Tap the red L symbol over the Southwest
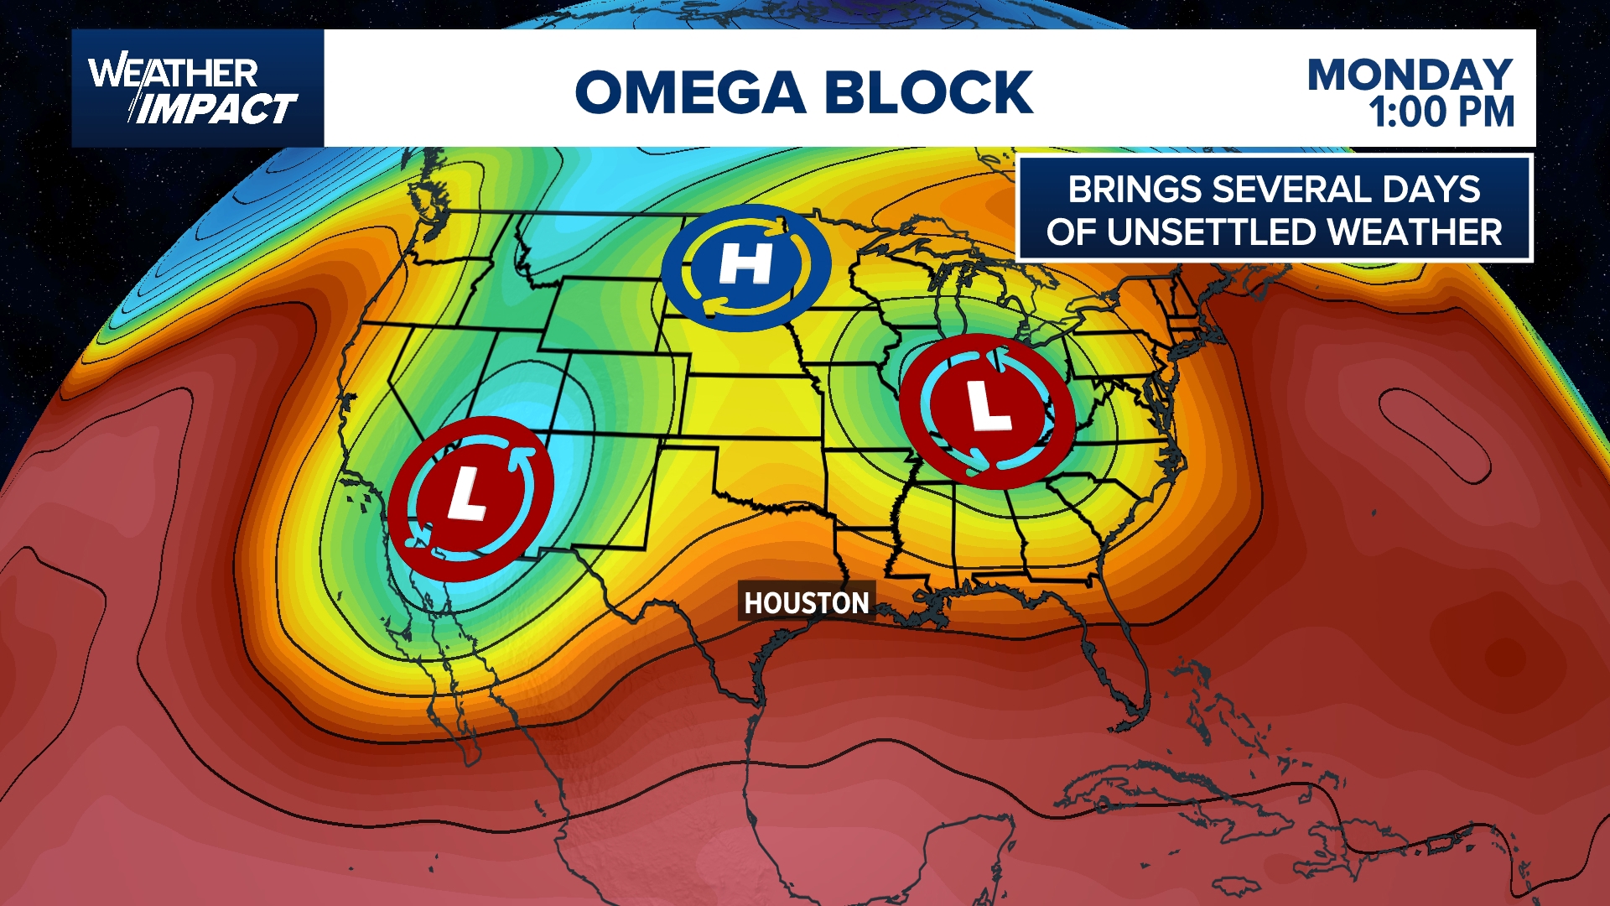point(470,498)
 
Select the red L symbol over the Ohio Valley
point(987,411)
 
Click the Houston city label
point(806,602)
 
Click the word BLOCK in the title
point(929,92)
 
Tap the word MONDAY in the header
point(1410,75)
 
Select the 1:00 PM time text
point(1441,113)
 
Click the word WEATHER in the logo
point(173,73)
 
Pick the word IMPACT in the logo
point(216,109)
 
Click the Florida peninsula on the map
point(1119,671)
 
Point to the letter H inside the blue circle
point(745,263)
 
